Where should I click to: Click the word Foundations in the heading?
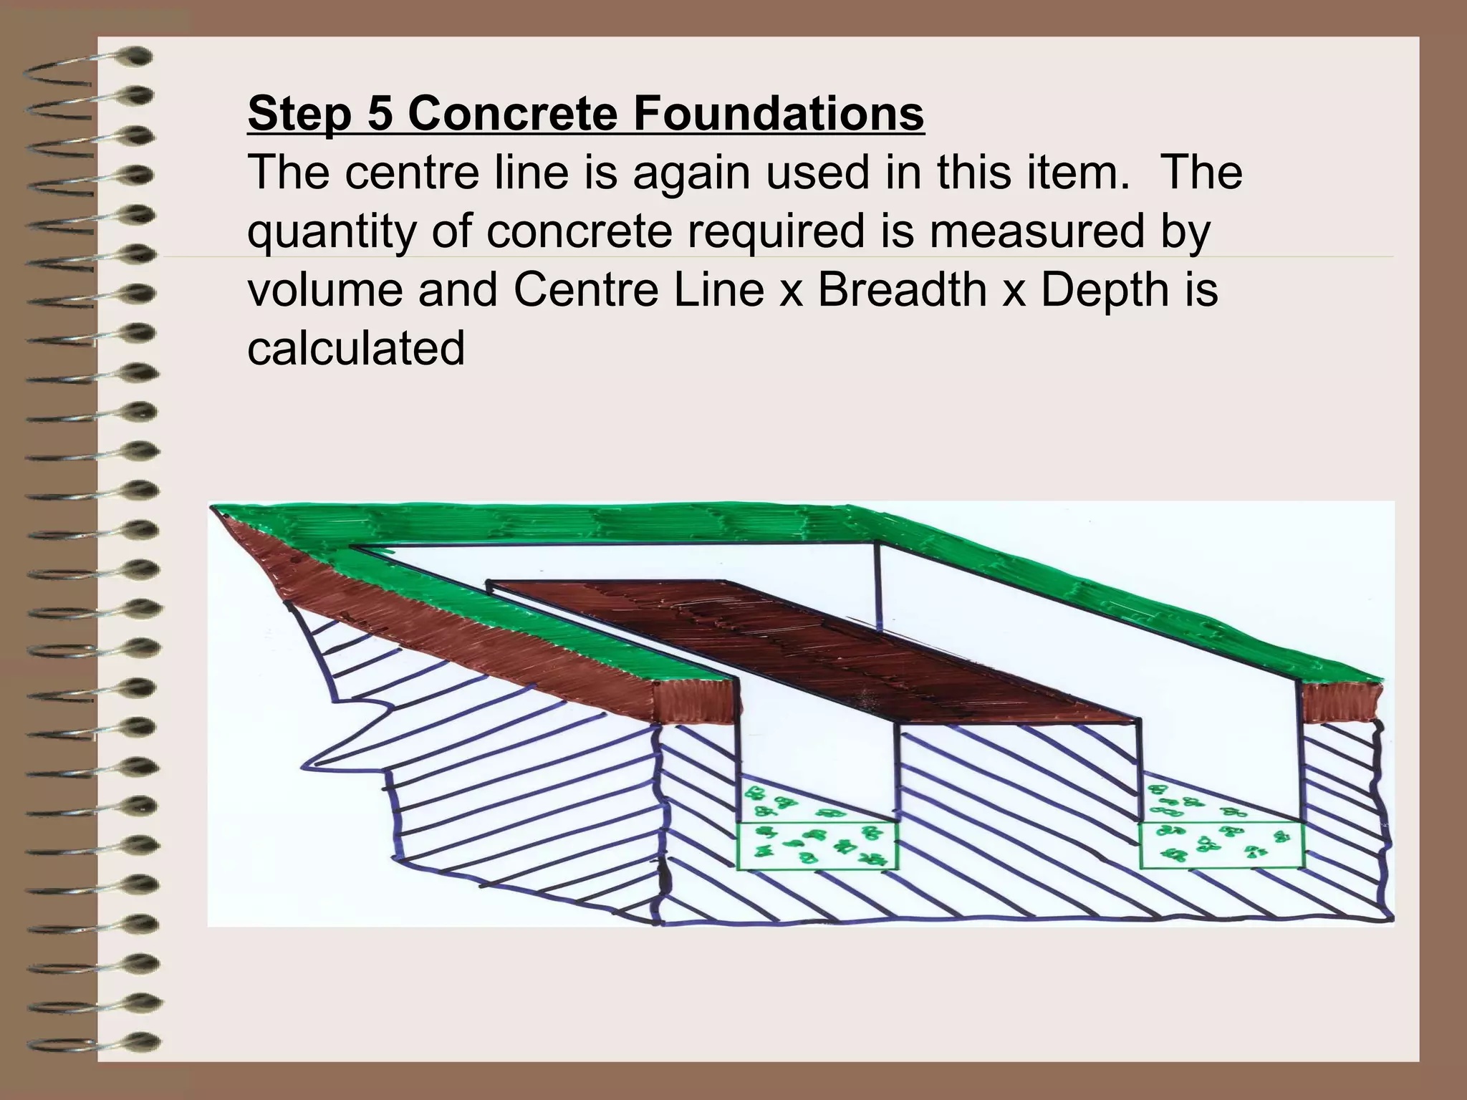point(779,113)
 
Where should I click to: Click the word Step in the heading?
point(300,113)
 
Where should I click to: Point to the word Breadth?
point(902,289)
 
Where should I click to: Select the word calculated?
point(356,348)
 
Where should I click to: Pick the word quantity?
point(332,232)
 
